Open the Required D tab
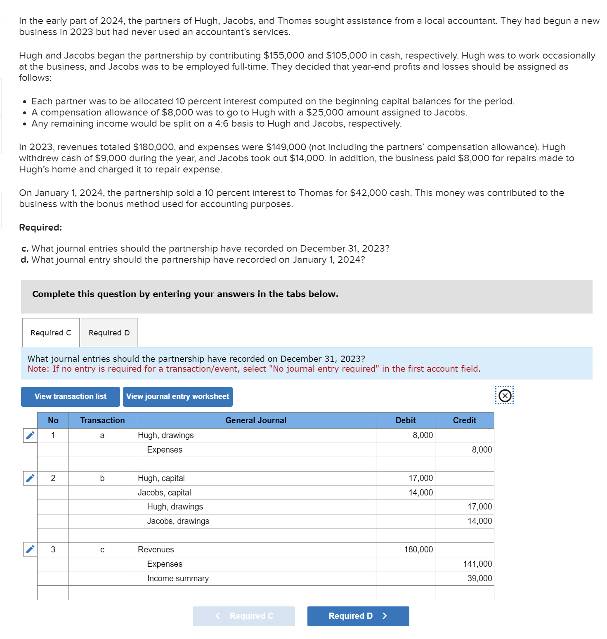(109, 332)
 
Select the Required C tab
(51, 332)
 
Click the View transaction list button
(71, 396)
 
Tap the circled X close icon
(505, 396)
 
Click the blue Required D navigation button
(358, 616)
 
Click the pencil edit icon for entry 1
(30, 435)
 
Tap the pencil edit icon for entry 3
(30, 549)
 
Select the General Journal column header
(256, 420)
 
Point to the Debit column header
(405, 420)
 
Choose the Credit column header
(464, 420)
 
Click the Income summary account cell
(256, 578)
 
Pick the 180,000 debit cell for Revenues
(405, 549)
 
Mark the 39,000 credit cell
(464, 578)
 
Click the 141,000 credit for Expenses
(464, 564)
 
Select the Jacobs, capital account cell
(256, 493)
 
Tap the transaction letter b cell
(102, 478)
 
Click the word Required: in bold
(40, 227)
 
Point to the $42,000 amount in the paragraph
(368, 193)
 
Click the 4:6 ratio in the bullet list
(222, 123)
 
